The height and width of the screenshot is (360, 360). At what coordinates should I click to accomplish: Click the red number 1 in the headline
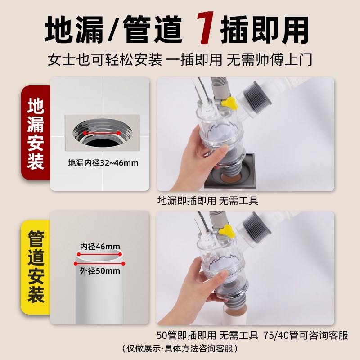pyautogui.click(x=206, y=30)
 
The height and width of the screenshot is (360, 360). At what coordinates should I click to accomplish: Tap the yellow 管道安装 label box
pyautogui.click(x=36, y=267)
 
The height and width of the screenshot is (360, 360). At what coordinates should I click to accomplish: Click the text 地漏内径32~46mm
pyautogui.click(x=103, y=162)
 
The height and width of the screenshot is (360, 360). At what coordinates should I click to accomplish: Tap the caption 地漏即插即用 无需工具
pyautogui.click(x=207, y=200)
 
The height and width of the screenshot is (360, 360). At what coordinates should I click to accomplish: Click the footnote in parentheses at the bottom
pyautogui.click(x=180, y=349)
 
